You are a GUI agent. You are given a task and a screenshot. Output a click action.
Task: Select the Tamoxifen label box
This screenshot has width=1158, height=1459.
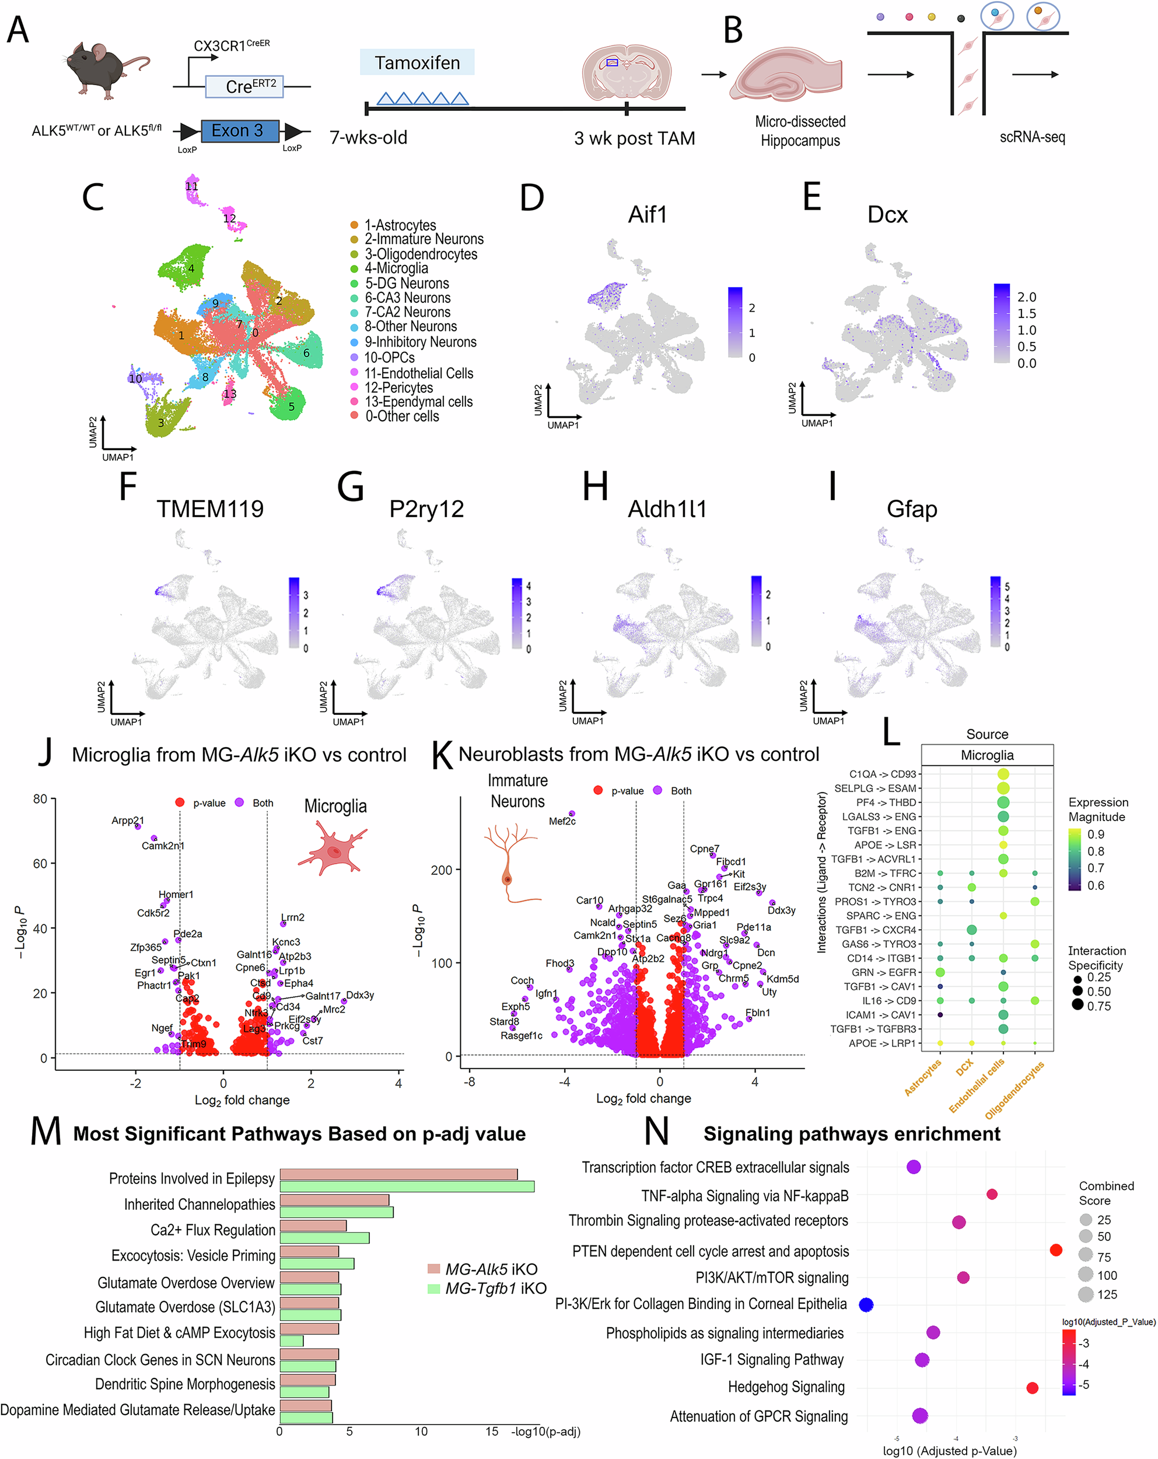click(x=417, y=63)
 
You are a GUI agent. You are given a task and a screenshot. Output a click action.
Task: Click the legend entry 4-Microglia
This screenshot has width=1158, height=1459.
click(x=396, y=268)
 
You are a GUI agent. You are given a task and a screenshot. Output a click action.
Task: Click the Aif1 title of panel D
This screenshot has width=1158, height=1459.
click(x=648, y=215)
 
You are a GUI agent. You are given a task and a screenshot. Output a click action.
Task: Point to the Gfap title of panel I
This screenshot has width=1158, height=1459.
click(x=911, y=509)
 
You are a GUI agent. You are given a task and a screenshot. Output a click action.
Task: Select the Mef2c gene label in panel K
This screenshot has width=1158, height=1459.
click(x=562, y=821)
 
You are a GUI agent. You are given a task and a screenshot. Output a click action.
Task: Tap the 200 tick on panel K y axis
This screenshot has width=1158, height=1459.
click(x=441, y=870)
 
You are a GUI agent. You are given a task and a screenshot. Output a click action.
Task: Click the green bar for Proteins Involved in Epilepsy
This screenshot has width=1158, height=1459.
click(x=407, y=1186)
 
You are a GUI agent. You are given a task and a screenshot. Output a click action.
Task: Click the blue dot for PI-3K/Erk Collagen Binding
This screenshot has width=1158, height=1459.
click(x=866, y=1305)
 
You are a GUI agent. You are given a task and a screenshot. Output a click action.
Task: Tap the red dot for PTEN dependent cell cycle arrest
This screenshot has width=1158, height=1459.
click(x=1055, y=1250)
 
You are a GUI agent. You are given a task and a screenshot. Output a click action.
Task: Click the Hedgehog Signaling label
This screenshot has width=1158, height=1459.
click(x=786, y=1387)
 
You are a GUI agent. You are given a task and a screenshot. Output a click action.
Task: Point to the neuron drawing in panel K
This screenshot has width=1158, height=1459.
click(x=510, y=863)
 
